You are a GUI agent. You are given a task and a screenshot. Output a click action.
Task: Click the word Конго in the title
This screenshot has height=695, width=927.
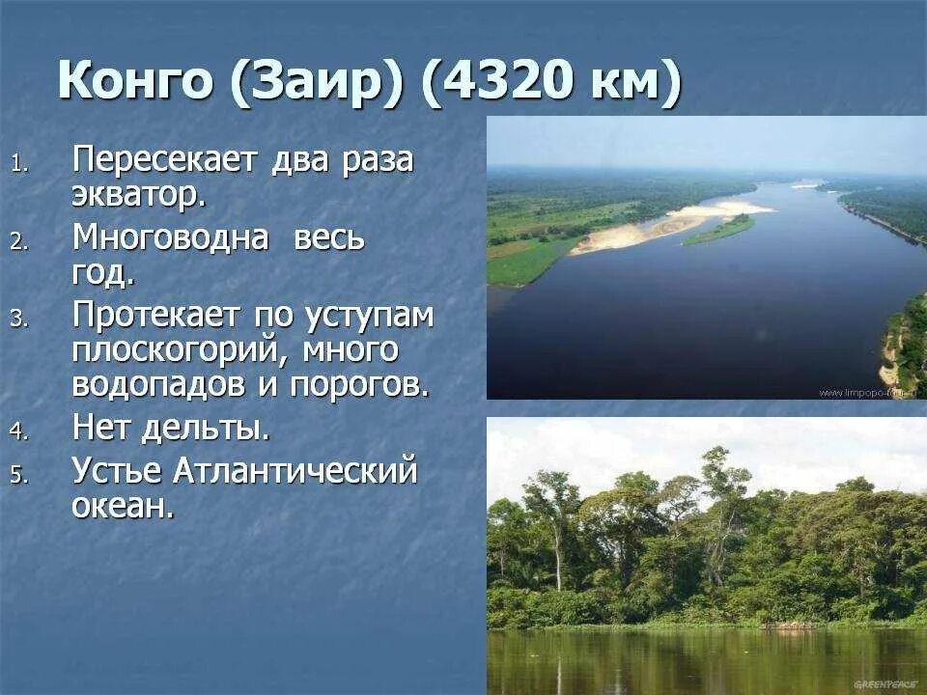coord(135,81)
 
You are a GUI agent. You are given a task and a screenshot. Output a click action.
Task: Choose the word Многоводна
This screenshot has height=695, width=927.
coord(170,237)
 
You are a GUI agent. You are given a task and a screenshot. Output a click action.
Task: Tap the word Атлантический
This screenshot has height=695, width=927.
coord(295,472)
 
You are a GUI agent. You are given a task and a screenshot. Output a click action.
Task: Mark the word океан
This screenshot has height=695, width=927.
coord(123,506)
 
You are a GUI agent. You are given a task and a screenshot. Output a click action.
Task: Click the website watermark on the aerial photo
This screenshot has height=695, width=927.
coord(869,393)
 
